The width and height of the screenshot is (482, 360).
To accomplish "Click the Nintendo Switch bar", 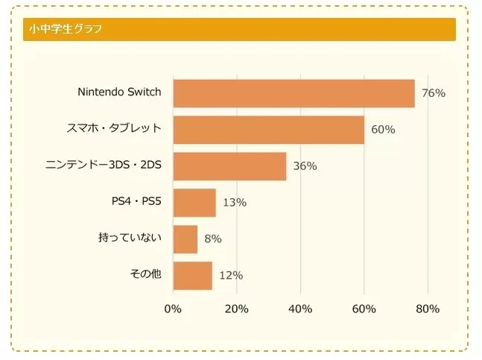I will pos(294,93).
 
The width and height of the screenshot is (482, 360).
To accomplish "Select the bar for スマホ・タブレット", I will pos(268,130).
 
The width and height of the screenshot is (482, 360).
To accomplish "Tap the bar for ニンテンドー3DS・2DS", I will pos(229,166).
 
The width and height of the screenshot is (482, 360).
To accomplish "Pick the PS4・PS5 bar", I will pos(194,202).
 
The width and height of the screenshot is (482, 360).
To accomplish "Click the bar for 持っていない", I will pos(185,239).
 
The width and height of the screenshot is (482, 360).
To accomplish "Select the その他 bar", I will pos(192,275).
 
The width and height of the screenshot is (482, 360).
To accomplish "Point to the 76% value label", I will pos(433,93).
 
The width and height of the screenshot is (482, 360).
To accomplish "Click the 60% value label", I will pos(383,130).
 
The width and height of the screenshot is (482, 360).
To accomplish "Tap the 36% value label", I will pos(305,166).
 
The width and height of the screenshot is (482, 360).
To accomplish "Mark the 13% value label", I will pos(234,203).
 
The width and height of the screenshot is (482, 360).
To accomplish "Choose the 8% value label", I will pos(213,239).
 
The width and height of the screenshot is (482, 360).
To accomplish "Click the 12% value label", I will pos(231,276).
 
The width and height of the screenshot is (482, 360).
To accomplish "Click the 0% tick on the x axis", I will pos(173,309).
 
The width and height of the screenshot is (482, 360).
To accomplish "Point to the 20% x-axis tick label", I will pos(236,309).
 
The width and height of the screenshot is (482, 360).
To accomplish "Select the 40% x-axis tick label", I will pos(300,309).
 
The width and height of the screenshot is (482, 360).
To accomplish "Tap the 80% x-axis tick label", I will pos(428,309).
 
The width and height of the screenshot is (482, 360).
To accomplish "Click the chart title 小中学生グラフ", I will pos(66,30).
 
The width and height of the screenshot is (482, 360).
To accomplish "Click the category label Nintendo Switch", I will pos(119,92).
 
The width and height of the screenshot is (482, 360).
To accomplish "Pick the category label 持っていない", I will pos(130,238).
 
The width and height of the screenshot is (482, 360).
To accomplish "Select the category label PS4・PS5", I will pos(136,202).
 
